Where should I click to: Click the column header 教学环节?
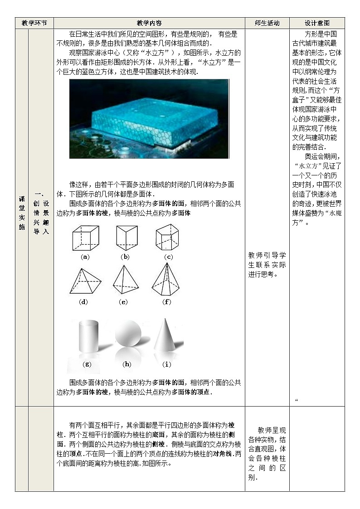[34, 23]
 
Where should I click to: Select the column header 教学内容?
[149, 23]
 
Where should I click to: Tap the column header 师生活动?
[267, 23]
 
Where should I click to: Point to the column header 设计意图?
[316, 23]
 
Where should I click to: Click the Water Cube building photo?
[149, 119]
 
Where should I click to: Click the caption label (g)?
[86, 364]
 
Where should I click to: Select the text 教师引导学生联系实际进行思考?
[267, 264]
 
